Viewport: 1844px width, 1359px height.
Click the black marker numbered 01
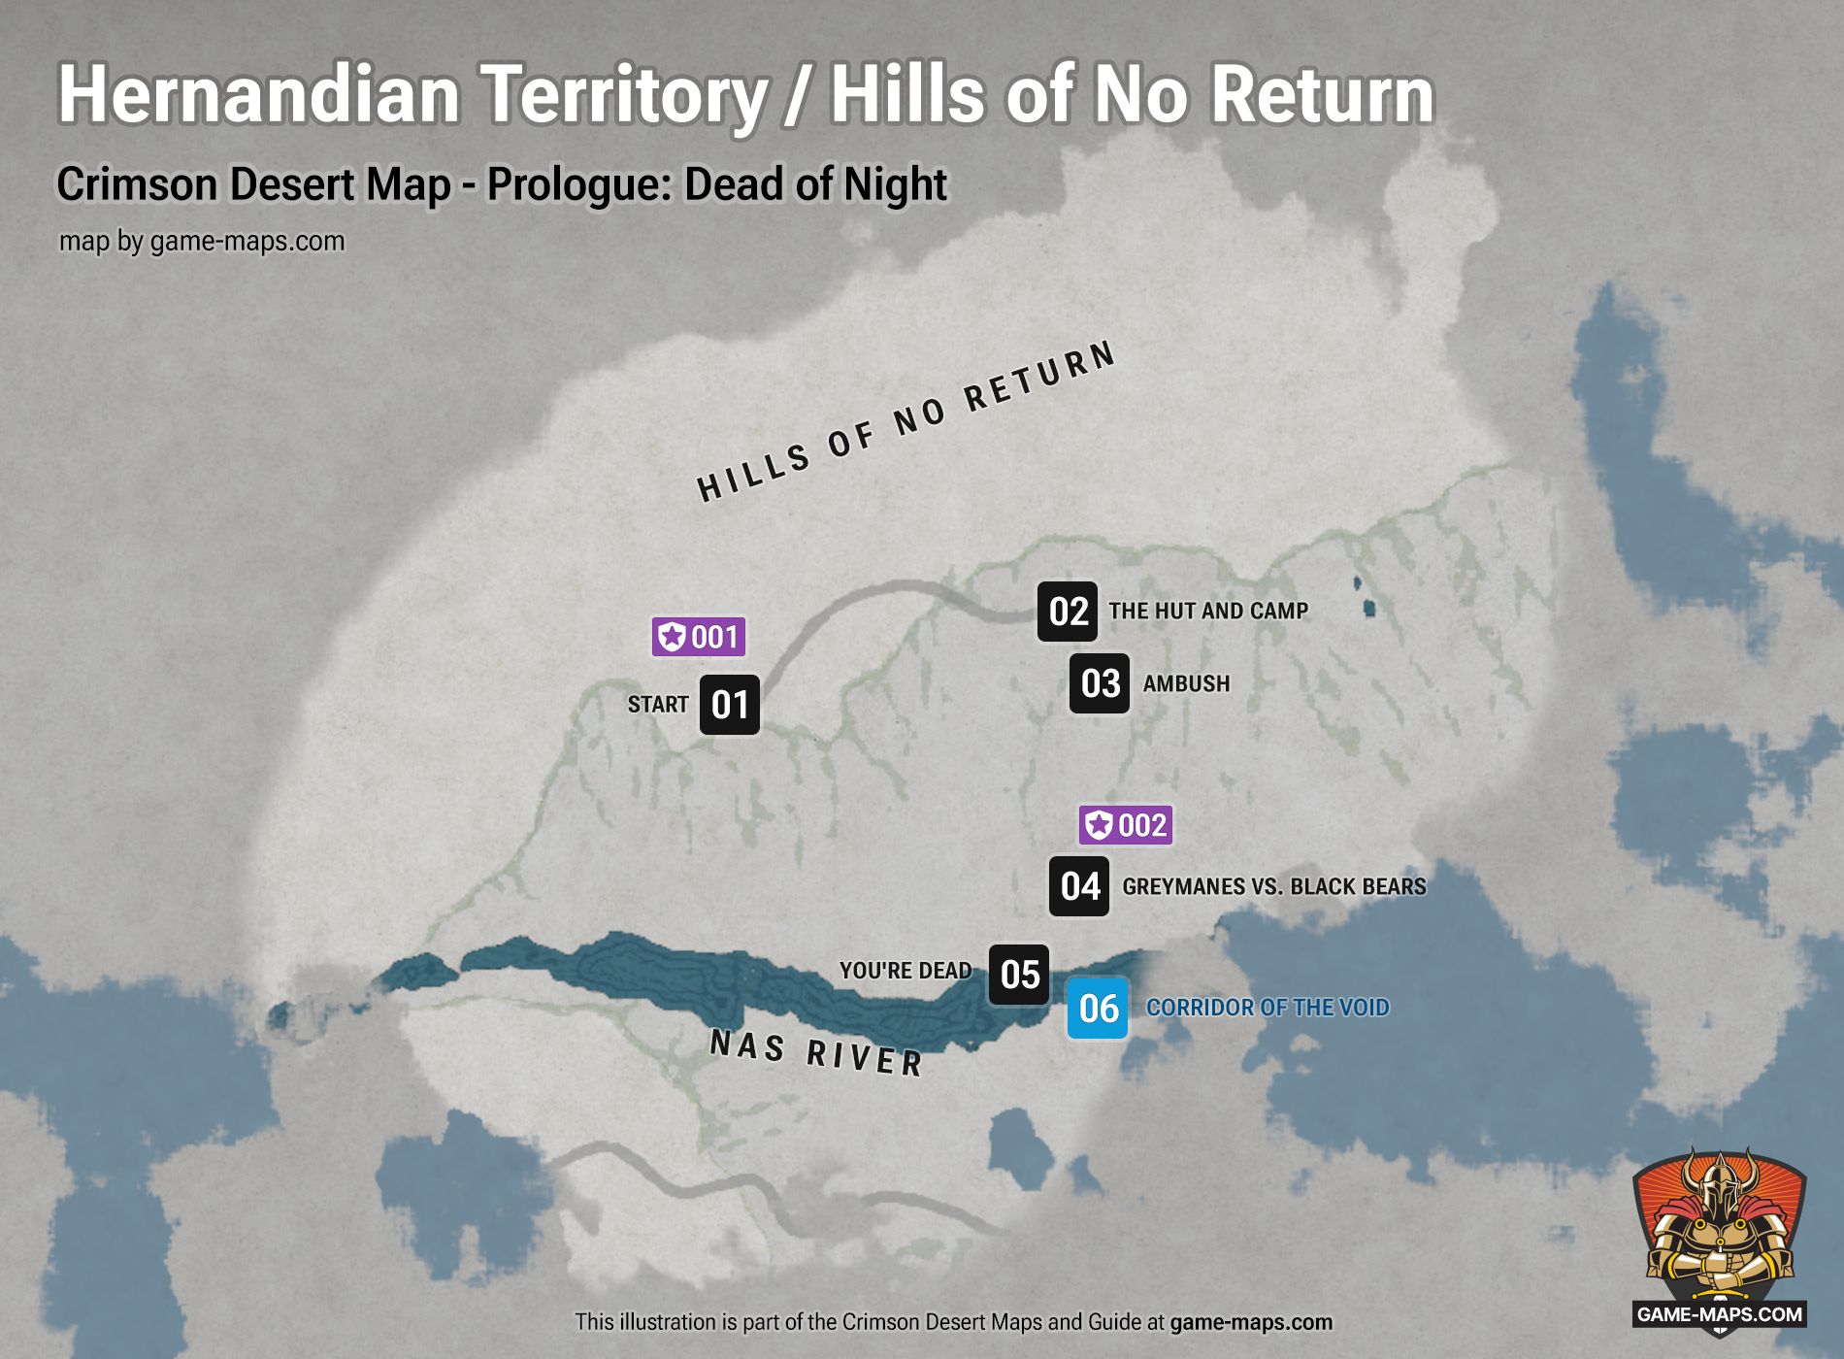[x=730, y=705]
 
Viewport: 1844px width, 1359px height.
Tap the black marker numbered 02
[x=1068, y=612]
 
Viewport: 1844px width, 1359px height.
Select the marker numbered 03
[x=1100, y=683]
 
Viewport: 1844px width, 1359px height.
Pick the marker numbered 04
[x=1079, y=886]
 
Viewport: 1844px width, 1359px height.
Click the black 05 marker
[x=1019, y=975]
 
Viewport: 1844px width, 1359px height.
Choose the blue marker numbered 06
[x=1098, y=1009]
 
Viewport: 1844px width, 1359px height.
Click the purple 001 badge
[x=699, y=637]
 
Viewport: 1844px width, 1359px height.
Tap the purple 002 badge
[x=1126, y=825]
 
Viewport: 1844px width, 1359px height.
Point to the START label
[x=658, y=705]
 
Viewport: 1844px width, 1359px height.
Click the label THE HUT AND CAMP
[x=1208, y=612]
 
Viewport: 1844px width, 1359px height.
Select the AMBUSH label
[x=1186, y=683]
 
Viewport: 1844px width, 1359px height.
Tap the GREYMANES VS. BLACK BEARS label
[x=1274, y=886]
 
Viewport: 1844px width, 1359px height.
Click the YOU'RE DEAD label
[x=906, y=971]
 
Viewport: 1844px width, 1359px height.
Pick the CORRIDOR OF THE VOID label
[x=1268, y=1008]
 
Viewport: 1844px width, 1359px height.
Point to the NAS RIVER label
[x=816, y=1054]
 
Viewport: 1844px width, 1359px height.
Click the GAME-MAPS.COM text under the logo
[x=1719, y=1315]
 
